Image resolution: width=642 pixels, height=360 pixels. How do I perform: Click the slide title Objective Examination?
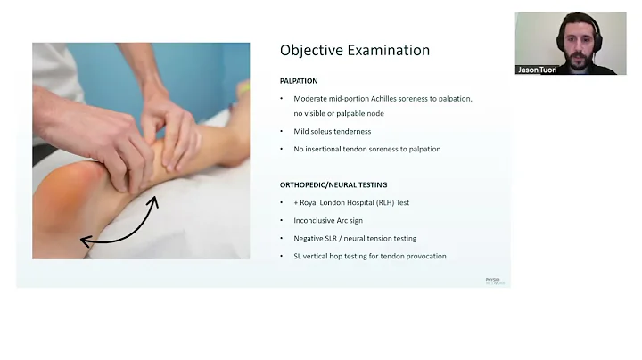pos(354,51)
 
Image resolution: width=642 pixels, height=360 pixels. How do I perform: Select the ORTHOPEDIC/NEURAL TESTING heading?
pos(333,184)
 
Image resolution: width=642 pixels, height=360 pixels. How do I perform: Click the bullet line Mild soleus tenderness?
pos(333,132)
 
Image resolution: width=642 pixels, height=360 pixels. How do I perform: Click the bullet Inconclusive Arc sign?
pos(332,220)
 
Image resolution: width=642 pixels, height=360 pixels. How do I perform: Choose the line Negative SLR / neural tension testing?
pos(355,238)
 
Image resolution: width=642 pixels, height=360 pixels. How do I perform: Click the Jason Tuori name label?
pos(538,70)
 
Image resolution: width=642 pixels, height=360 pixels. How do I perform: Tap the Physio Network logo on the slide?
pos(494,281)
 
